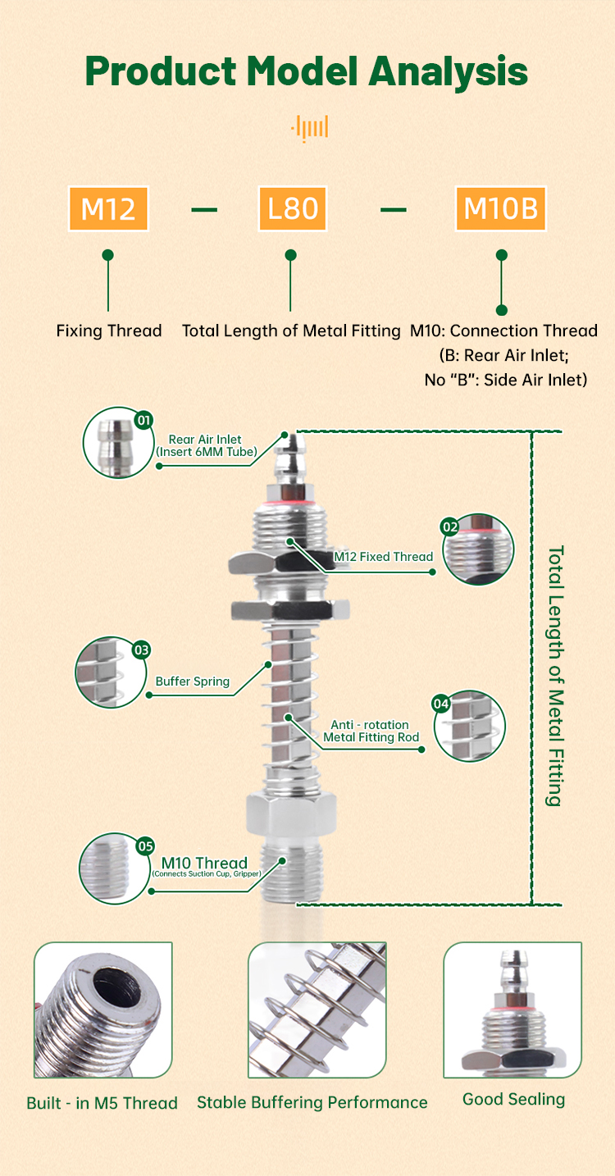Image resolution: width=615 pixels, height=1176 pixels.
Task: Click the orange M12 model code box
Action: tap(108, 209)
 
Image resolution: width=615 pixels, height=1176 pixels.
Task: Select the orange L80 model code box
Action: tap(292, 209)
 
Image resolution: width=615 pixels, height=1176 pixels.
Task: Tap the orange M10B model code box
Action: tap(501, 209)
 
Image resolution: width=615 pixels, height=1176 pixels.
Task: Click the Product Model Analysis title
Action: tap(307, 71)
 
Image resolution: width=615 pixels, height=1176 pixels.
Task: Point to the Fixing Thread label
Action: tap(109, 331)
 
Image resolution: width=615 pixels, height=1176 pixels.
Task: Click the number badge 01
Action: tap(144, 421)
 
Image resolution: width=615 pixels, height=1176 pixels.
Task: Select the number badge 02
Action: tap(449, 527)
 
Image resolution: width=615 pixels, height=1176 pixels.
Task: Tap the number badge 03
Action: tap(142, 650)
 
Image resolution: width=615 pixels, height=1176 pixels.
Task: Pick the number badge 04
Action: tap(441, 704)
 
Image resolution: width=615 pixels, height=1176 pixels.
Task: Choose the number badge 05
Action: tap(145, 846)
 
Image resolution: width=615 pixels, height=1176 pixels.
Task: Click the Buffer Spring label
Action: tap(193, 681)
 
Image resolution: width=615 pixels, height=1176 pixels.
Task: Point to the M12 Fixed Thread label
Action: tap(383, 557)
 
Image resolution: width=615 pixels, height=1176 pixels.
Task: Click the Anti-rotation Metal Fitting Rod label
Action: tap(371, 731)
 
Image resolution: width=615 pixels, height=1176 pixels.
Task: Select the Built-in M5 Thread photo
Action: tap(102, 1010)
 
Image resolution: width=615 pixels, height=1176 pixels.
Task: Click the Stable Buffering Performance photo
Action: tap(317, 1010)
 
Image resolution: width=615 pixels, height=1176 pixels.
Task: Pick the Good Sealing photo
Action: tap(512, 1010)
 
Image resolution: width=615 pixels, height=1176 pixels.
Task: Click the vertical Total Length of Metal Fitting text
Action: tap(555, 676)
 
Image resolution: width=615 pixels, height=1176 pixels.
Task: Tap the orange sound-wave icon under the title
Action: tap(309, 128)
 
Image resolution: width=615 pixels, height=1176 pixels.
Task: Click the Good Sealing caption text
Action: tap(513, 1100)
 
